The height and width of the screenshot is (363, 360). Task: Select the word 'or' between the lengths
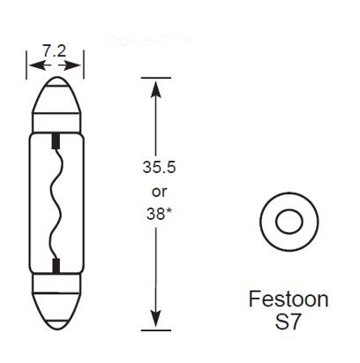[154, 189]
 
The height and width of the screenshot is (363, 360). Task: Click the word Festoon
[287, 299]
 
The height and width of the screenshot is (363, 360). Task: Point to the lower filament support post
[56, 266]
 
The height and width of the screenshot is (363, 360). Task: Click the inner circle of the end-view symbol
[288, 222]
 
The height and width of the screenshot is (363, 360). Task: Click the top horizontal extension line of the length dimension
[155, 77]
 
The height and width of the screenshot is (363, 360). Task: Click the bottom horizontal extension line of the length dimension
[155, 329]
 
